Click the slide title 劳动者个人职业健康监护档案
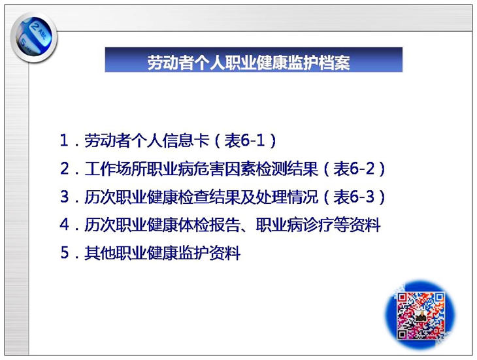pos(248,62)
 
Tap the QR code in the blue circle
pos(420,316)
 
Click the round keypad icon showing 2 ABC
pos(34,37)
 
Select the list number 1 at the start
pos(64,140)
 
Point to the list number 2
pos(65,169)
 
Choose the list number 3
pos(65,197)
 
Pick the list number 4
pos(65,225)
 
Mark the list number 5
pos(65,253)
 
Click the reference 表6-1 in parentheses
pos(244,140)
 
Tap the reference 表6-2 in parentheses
pos(354,169)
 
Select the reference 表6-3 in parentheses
pos(354,197)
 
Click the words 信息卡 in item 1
pos(186,140)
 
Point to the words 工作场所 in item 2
pos(116,169)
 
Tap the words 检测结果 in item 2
pos(287,169)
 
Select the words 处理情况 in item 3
pos(287,197)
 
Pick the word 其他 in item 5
pos(100,253)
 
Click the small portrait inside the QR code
pos(420,316)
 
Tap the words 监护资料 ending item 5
pos(208,253)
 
